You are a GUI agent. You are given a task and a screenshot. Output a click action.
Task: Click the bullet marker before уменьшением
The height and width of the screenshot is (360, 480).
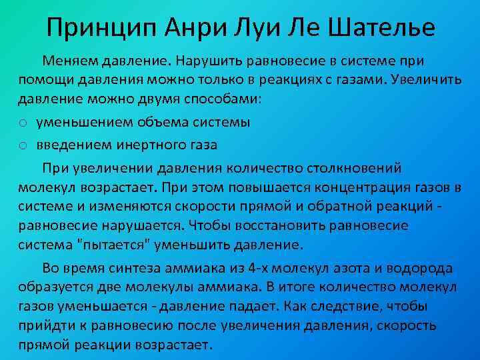click(23, 123)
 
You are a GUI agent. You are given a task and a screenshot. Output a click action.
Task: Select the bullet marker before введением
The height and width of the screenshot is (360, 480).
click(23, 144)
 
